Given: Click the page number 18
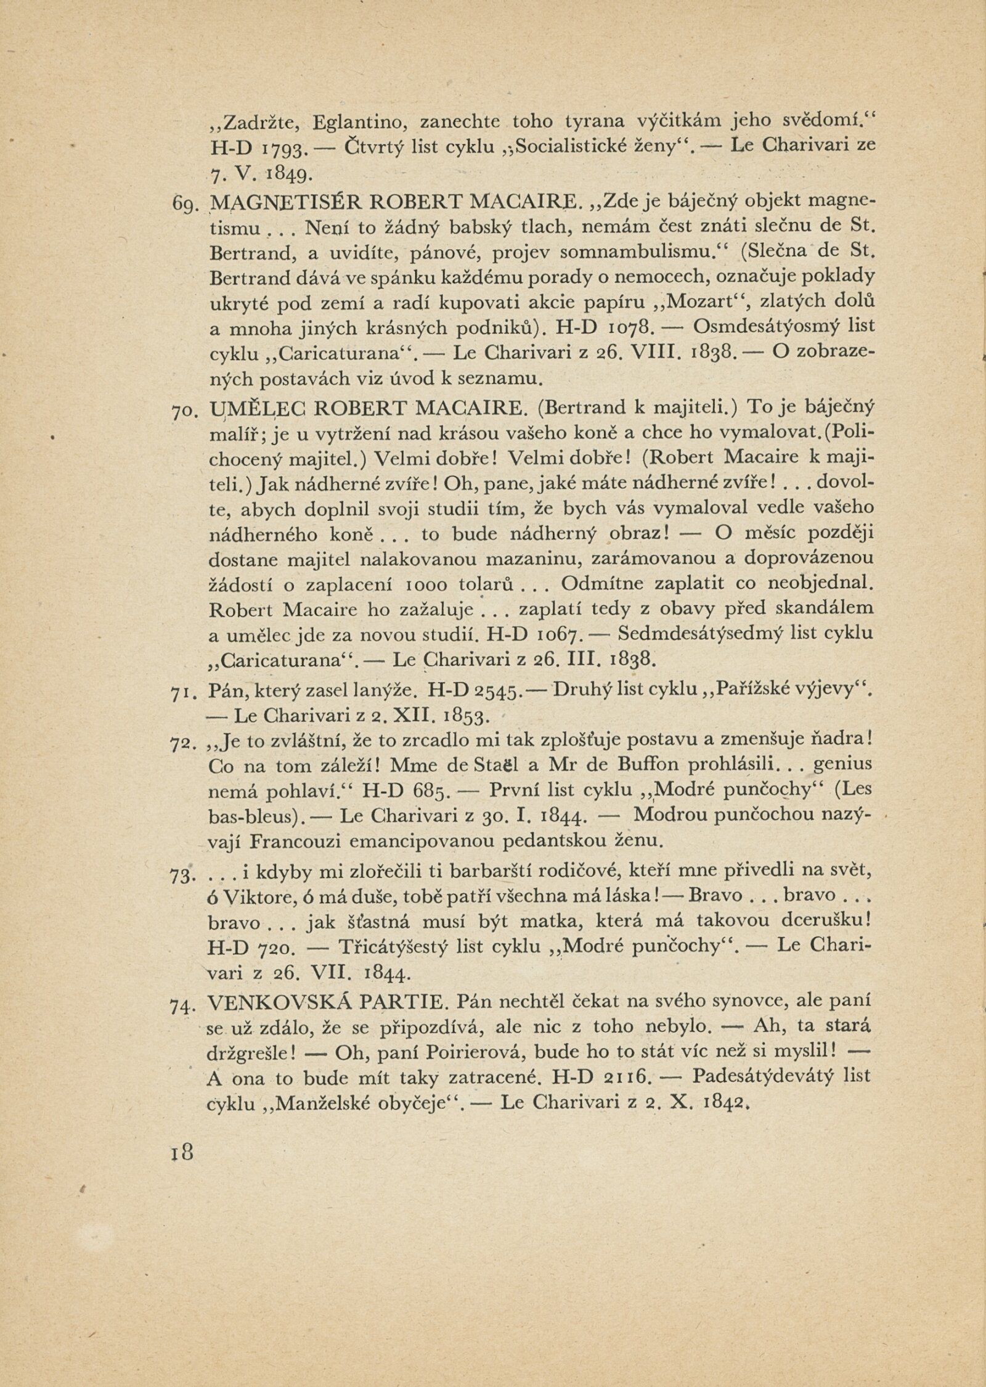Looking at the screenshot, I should (184, 1152).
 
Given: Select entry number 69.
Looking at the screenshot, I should (182, 202).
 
